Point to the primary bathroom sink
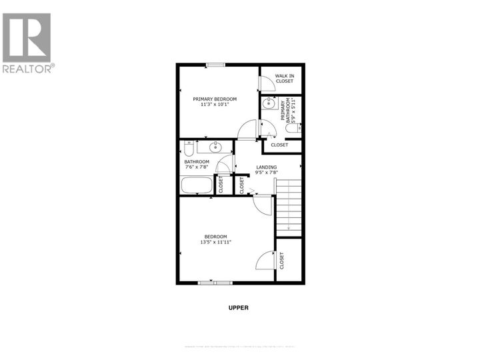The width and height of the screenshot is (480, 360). (269, 103)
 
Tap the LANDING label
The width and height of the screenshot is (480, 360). (266, 167)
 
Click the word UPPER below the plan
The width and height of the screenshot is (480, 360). (238, 307)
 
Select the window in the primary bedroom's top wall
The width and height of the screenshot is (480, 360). (215, 65)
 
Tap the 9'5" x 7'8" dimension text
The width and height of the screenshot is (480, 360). (266, 173)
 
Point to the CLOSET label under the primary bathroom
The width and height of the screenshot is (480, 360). (279, 145)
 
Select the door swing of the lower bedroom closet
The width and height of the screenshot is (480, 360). (265, 259)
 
